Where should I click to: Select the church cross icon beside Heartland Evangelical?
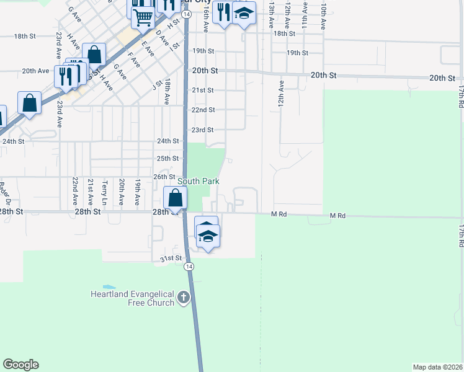pos(183,298)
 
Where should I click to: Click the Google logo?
pos(20,365)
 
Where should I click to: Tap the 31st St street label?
pos(171,258)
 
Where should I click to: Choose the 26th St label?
pos(165,177)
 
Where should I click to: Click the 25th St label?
pos(167,158)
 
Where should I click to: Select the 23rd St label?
pos(202,130)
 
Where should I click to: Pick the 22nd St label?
pos(203,110)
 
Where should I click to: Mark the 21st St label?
pos(202,90)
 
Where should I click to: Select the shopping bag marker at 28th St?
pos(176,198)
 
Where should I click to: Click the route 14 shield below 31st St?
pos(189,266)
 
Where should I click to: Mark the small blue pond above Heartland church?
pos(109,287)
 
